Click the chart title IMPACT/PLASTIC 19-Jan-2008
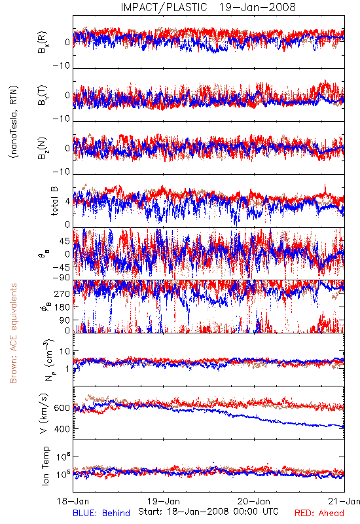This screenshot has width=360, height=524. pyautogui.click(x=208, y=7)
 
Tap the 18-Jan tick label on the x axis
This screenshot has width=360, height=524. pyautogui.click(x=73, y=501)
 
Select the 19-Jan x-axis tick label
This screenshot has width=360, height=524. pyautogui.click(x=164, y=501)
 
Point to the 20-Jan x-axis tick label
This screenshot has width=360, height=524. pyautogui.click(x=254, y=501)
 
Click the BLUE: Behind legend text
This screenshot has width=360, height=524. pyautogui.click(x=101, y=513)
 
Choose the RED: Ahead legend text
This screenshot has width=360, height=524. pyautogui.click(x=319, y=513)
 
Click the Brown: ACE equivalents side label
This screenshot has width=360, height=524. pyautogui.click(x=13, y=333)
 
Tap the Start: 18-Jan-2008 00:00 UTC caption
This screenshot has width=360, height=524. pyautogui.click(x=208, y=512)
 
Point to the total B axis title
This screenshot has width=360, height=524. pyautogui.click(x=54, y=201)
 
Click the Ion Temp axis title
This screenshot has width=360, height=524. pyautogui.click(x=45, y=466)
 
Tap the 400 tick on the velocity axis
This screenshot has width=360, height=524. pyautogui.click(x=62, y=429)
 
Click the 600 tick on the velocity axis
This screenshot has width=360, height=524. pyautogui.click(x=62, y=408)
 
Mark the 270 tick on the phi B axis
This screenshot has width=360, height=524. pyautogui.click(x=62, y=293)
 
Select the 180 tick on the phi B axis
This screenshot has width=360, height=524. pyautogui.click(x=62, y=307)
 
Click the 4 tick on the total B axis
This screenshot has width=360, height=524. pyautogui.click(x=68, y=201)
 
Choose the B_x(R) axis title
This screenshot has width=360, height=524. pyautogui.click(x=43, y=43)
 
